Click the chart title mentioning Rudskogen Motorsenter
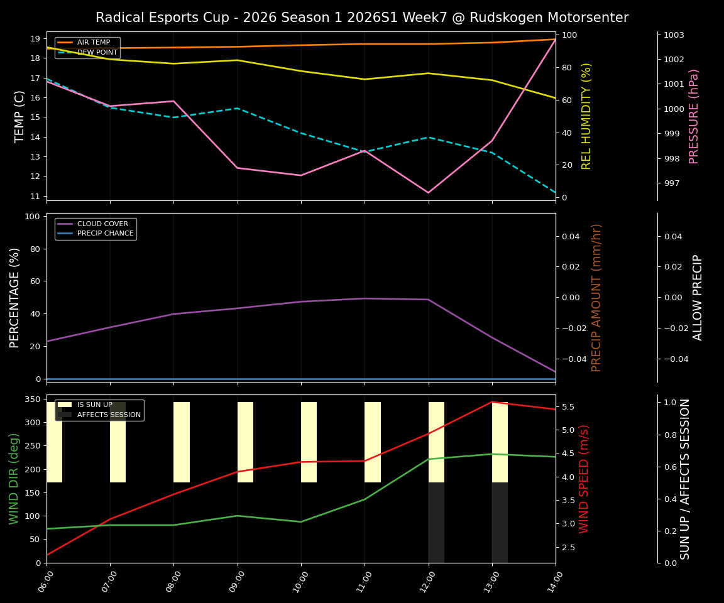click(361, 18)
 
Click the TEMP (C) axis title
click(20, 116)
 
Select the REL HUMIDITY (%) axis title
click(586, 116)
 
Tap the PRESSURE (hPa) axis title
click(694, 116)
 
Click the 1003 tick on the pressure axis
click(674, 35)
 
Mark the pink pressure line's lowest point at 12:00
click(428, 193)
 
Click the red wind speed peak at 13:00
click(491, 402)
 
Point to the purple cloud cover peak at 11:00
click(365, 298)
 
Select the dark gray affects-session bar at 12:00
click(436, 521)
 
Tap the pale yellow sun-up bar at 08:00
click(182, 442)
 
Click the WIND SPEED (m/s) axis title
click(584, 479)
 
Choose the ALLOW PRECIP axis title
click(698, 297)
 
